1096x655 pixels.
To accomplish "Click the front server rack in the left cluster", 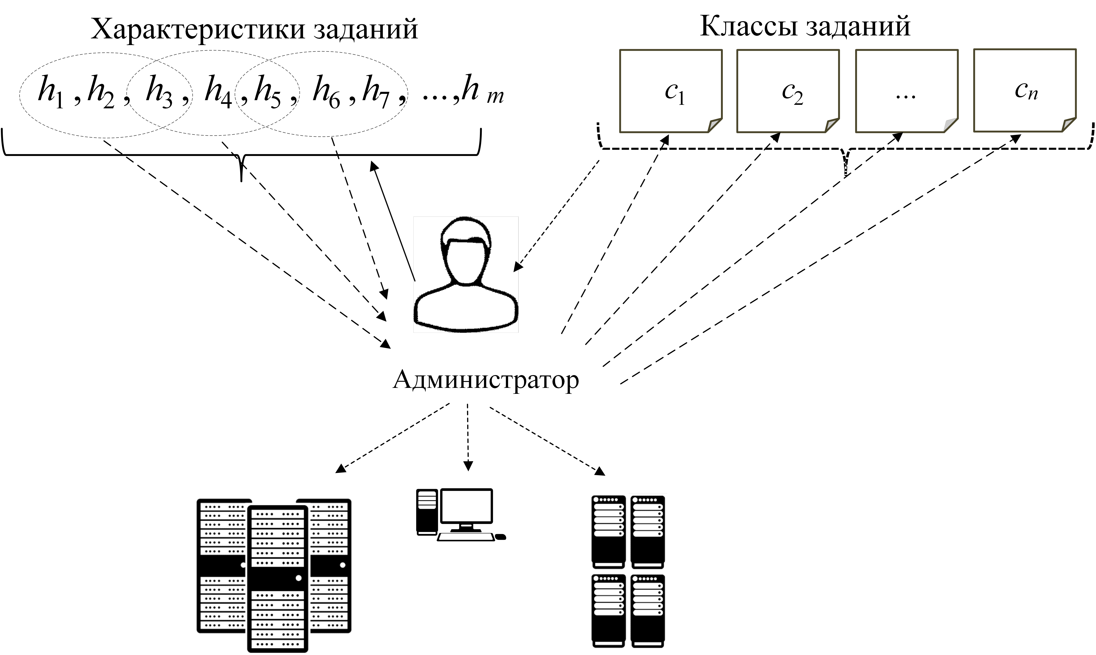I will [277, 578].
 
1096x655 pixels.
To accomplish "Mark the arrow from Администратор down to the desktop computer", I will [468, 437].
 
